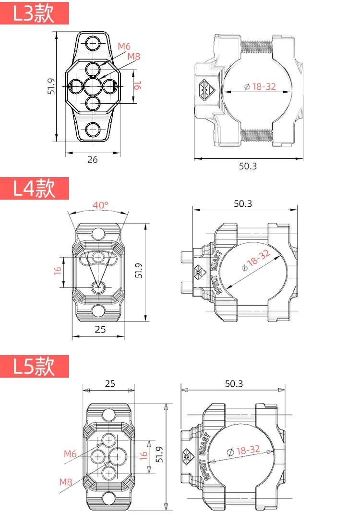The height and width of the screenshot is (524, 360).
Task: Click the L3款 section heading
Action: (x=34, y=13)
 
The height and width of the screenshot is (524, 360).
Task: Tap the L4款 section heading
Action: (x=34, y=188)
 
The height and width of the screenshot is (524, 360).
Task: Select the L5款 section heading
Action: (x=34, y=366)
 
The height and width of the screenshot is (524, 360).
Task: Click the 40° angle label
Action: (x=100, y=205)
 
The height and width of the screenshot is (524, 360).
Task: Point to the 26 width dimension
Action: (x=93, y=159)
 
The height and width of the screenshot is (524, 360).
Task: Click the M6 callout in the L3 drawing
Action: (x=124, y=47)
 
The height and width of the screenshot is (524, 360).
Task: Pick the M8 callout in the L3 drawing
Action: (x=134, y=57)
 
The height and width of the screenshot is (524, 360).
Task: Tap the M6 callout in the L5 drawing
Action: (x=70, y=454)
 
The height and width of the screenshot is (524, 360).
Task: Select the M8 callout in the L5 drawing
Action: (x=65, y=482)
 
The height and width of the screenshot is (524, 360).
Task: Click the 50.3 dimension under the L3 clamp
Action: (x=248, y=166)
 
